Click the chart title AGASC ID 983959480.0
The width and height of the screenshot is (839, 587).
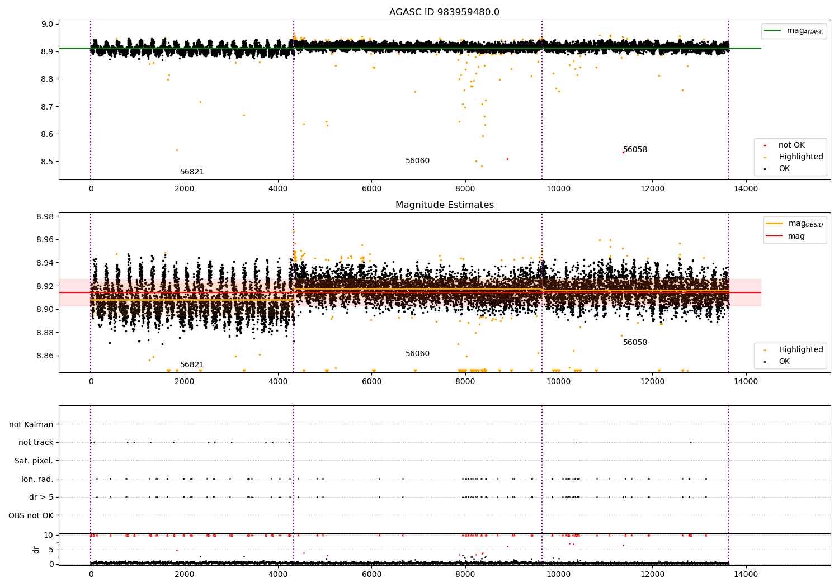pos(444,12)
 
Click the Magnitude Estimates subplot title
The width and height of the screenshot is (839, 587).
pos(444,205)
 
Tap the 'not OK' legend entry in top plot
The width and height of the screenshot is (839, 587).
pos(791,145)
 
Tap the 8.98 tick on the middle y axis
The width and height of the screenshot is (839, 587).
pos(44,216)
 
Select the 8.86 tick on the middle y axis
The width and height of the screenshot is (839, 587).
pos(44,356)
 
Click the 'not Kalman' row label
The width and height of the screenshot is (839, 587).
pos(31,424)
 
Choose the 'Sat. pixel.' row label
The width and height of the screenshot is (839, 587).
pos(34,461)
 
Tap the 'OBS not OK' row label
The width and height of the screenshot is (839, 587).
pos(31,515)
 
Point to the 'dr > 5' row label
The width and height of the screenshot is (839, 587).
pos(41,497)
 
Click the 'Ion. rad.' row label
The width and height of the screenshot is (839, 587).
pos(37,479)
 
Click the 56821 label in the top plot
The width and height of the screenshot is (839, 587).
pos(192,172)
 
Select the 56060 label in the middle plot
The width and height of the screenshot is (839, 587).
pos(417,354)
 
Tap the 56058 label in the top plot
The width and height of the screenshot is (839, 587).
pos(635,150)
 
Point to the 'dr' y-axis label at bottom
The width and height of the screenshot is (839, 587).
pos(36,550)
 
